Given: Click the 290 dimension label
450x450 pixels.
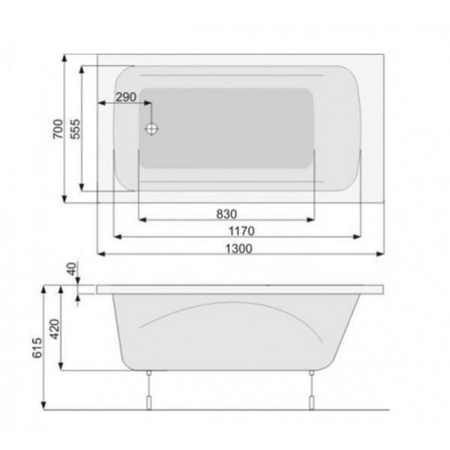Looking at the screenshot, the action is pos(126,97).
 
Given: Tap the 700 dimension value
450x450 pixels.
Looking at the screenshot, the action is pos(58,128).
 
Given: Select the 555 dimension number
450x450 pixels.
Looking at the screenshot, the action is pos(75,129).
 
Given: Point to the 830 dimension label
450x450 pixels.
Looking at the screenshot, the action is pos(227,214).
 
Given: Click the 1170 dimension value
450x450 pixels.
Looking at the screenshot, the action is pos(241,231).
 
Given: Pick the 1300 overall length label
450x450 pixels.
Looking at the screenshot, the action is pos(239,249).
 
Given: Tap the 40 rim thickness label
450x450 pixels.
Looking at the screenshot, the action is pos(72,269).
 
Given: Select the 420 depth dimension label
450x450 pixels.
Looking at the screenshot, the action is pos(55,329).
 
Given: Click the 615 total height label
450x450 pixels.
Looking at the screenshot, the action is pos(37,348).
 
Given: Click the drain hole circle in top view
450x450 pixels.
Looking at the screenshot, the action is pos(151,128).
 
